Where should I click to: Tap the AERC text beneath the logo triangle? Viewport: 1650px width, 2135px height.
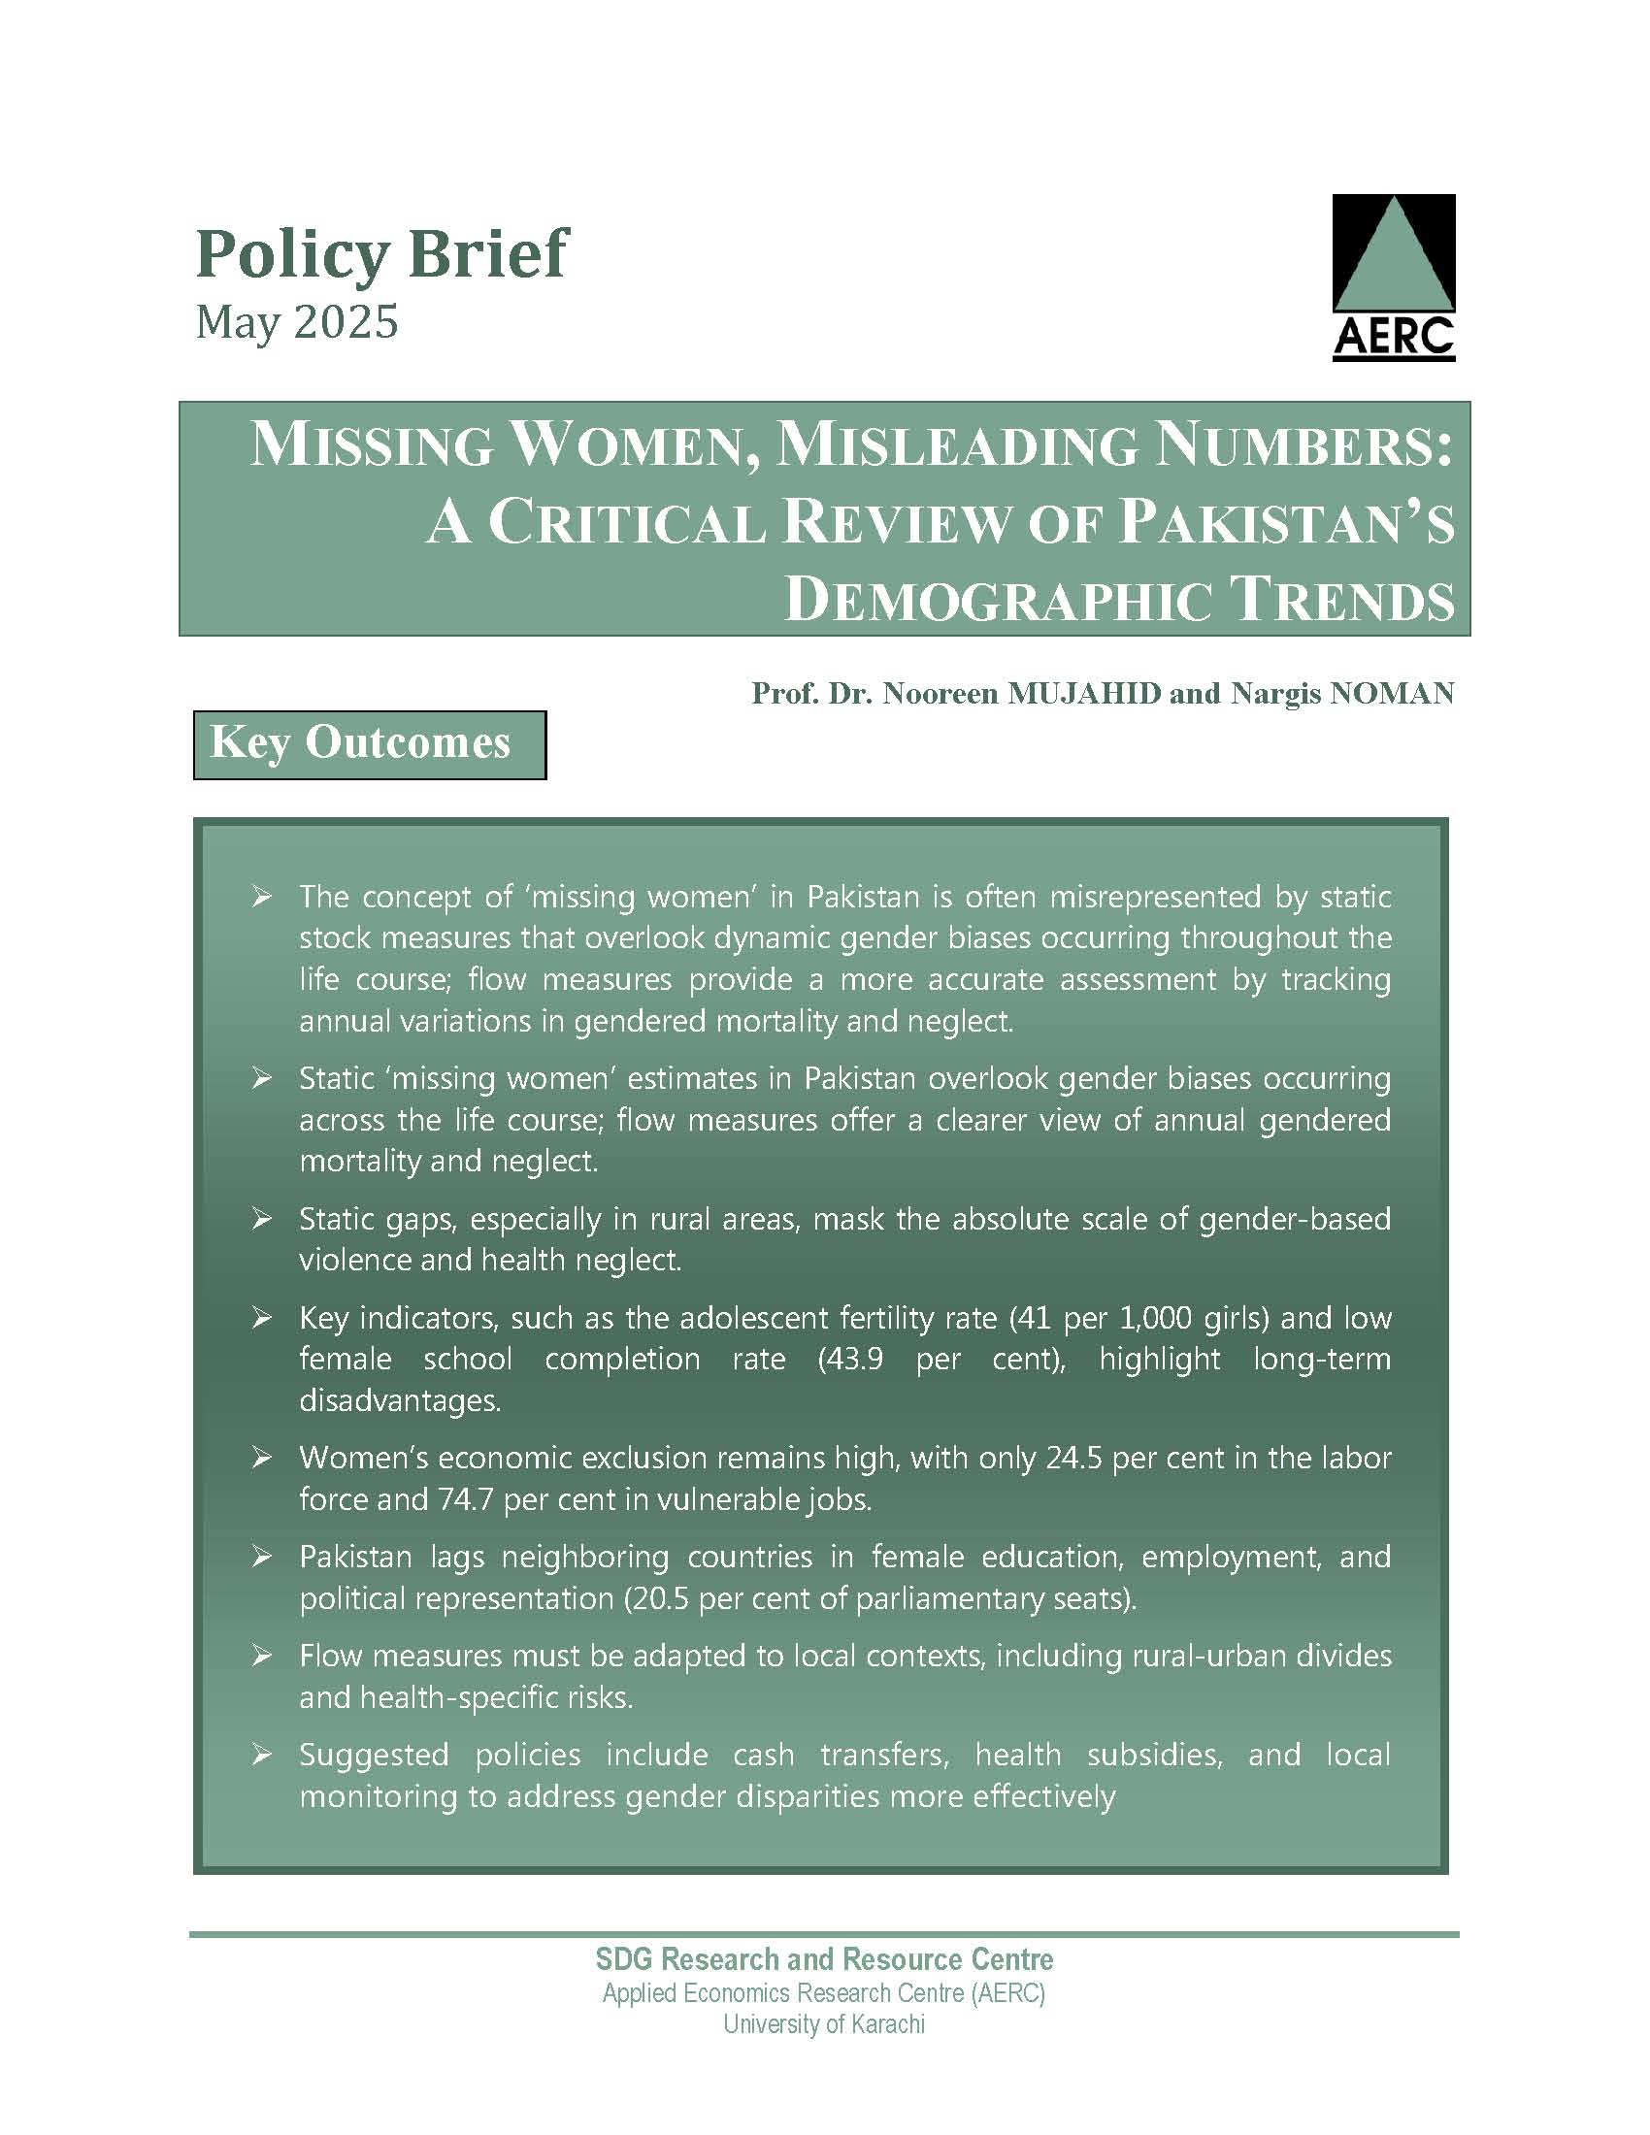pos(1393,338)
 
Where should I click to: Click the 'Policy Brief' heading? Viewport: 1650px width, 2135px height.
pos(381,254)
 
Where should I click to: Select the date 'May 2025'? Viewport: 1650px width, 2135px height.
pos(297,321)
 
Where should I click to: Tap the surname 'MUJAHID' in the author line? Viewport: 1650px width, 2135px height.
pos(1085,693)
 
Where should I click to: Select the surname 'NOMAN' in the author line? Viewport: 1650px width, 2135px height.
pos(1392,693)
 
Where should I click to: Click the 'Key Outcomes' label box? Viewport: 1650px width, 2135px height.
pos(370,744)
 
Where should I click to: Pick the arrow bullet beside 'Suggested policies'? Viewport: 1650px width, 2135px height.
pos(261,1755)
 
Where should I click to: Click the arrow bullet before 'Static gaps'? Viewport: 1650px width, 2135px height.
pos(261,1218)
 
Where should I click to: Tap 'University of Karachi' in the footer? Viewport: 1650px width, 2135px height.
pos(824,2023)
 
